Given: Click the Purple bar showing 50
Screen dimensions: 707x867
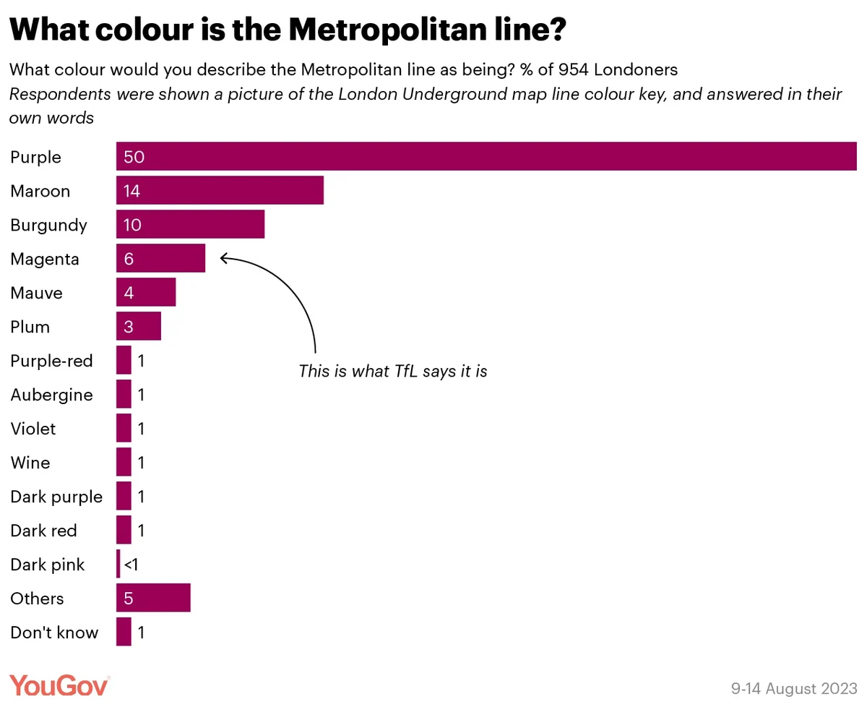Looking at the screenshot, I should click(486, 157).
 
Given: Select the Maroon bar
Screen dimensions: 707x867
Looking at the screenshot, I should click(220, 191).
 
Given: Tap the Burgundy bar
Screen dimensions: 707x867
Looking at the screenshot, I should click(190, 225).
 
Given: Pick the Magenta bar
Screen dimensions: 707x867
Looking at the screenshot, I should click(160, 259).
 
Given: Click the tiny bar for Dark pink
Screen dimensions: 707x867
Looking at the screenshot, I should click(118, 565).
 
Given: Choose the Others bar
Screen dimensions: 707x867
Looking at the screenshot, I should click(153, 599).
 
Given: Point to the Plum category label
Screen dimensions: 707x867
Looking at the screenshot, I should click(30, 327).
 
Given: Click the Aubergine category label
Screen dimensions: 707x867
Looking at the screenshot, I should click(52, 395).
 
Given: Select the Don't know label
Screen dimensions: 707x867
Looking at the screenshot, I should click(54, 633).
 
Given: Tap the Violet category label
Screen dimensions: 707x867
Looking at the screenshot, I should click(33, 429).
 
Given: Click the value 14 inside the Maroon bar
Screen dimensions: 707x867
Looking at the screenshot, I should click(131, 192).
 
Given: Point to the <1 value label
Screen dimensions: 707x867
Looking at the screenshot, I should click(131, 565).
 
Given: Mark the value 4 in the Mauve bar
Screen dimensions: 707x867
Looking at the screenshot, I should click(129, 293).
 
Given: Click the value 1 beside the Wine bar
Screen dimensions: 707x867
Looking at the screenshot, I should click(142, 463).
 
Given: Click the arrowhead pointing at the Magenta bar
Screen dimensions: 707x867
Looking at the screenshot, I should click(223, 257).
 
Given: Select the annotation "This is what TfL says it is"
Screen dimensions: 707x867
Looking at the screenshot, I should click(393, 372).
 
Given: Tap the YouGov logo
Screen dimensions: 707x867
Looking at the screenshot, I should click(59, 685).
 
